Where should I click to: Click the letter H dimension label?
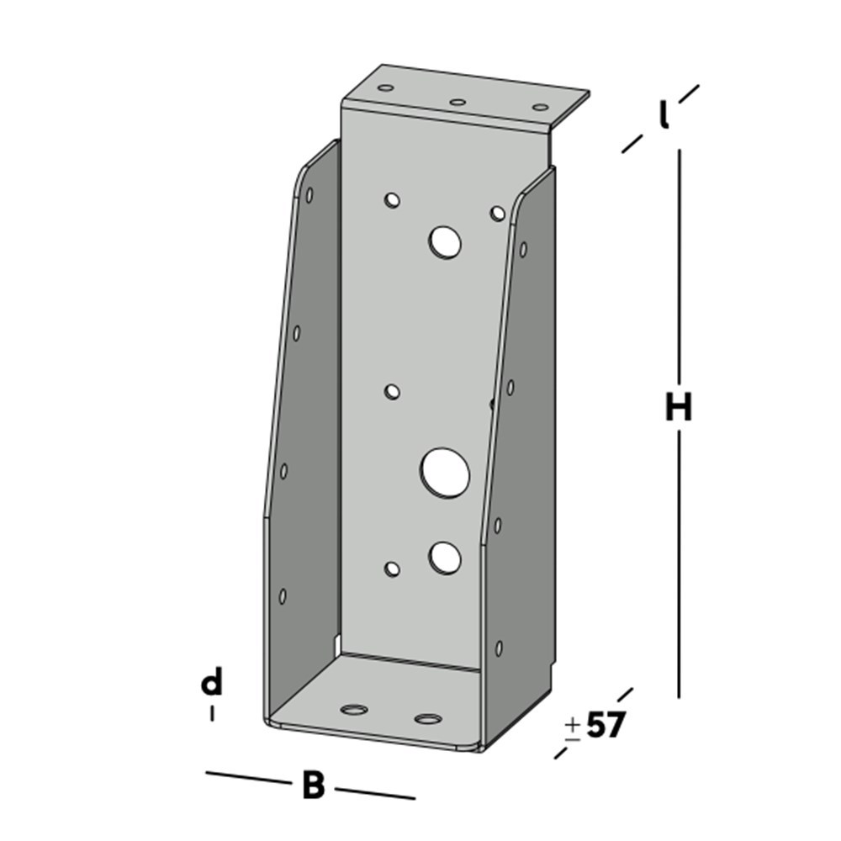tap(678, 408)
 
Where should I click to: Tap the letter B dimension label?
tap(313, 785)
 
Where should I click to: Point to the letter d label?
tap(212, 682)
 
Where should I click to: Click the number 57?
tap(606, 725)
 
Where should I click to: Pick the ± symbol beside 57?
tap(573, 727)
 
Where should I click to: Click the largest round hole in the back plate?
tap(445, 471)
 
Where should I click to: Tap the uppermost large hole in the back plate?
tap(444, 242)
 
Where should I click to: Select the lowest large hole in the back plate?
tap(445, 556)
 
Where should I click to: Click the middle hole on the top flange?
tap(458, 102)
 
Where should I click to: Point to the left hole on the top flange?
tap(386, 87)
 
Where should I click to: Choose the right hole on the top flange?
tap(540, 107)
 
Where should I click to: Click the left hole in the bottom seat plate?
tap(355, 709)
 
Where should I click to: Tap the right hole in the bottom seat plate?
tap(428, 719)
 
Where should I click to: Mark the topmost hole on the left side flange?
tap(309, 195)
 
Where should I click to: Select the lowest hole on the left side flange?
tap(283, 595)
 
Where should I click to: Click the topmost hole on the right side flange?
tap(523, 249)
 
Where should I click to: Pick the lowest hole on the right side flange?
tap(499, 648)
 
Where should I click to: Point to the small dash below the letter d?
tap(212, 713)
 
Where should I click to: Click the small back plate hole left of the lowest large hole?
tap(392, 569)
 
